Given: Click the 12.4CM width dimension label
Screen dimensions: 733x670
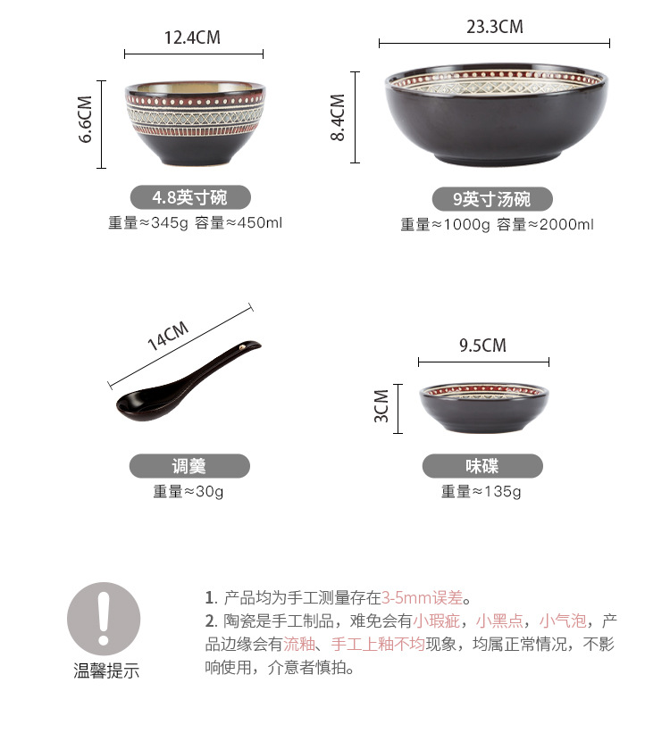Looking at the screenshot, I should point(192,37).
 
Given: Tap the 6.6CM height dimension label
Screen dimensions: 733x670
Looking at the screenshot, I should point(86,119).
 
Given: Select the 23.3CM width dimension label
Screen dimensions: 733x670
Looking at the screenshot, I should point(494,27).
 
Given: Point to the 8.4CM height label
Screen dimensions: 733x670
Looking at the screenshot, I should point(338,117).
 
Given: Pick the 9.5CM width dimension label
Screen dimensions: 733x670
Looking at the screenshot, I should point(482,346).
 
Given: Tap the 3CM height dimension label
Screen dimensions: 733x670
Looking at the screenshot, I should point(382,406).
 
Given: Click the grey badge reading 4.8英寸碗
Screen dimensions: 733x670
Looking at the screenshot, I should point(190,197).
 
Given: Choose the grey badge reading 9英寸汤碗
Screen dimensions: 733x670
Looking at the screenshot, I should point(493,199).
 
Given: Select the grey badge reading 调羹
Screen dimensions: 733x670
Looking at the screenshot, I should point(189,466).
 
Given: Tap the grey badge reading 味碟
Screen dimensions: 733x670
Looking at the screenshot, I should point(482,466).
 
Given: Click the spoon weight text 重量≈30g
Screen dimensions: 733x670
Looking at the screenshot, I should point(188,491).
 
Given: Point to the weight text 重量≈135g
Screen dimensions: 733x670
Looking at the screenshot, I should point(482,491).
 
